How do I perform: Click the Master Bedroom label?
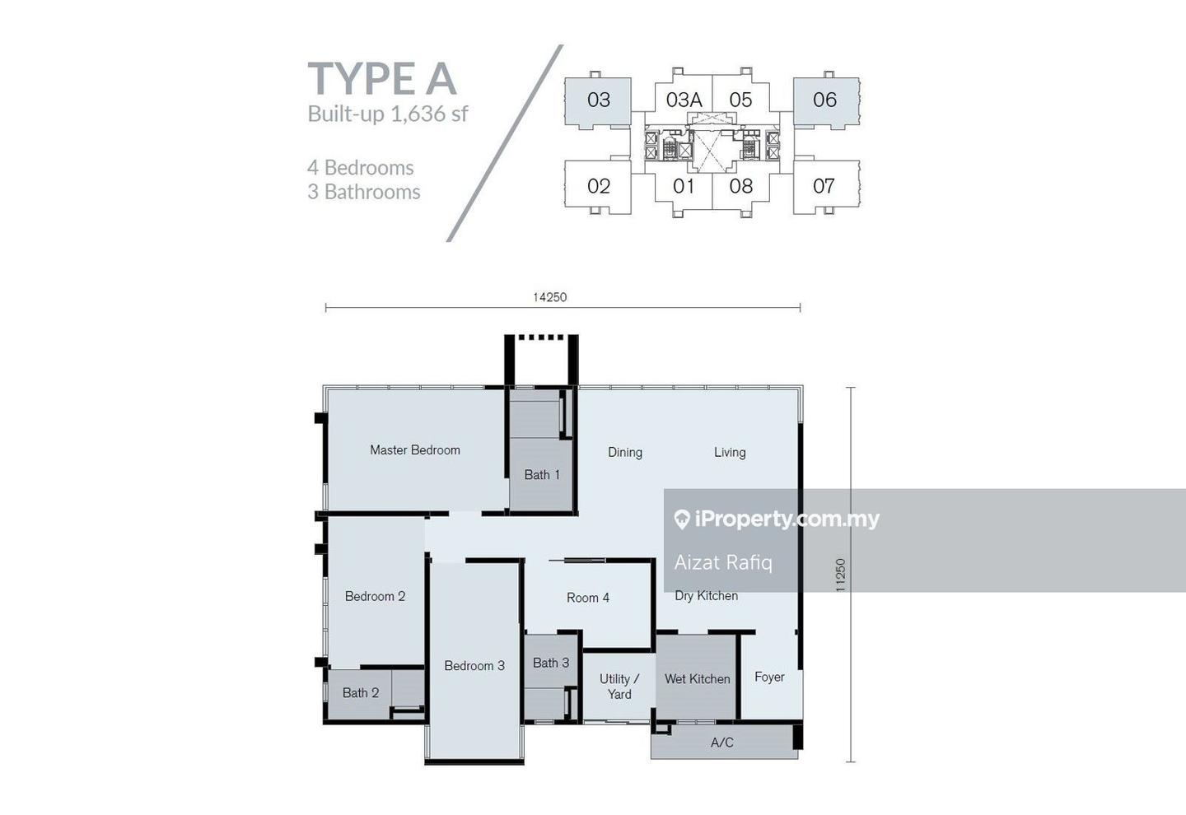415,449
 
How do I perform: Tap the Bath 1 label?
542,475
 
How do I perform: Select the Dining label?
625,453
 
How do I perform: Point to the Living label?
730,453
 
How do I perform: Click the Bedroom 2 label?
375,596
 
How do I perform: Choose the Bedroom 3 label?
474,666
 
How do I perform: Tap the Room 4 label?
588,598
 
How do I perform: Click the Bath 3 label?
551,664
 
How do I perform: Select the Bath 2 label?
361,693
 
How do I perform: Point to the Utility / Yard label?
619,687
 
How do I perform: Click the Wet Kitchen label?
698,679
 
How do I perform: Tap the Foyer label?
769,677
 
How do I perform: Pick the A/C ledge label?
721,743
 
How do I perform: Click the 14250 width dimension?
549,297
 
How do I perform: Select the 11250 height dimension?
840,575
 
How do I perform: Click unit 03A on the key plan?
684,100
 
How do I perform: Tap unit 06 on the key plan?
825,100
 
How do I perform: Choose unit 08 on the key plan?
740,186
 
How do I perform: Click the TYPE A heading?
382,79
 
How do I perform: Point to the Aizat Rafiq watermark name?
723,562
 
